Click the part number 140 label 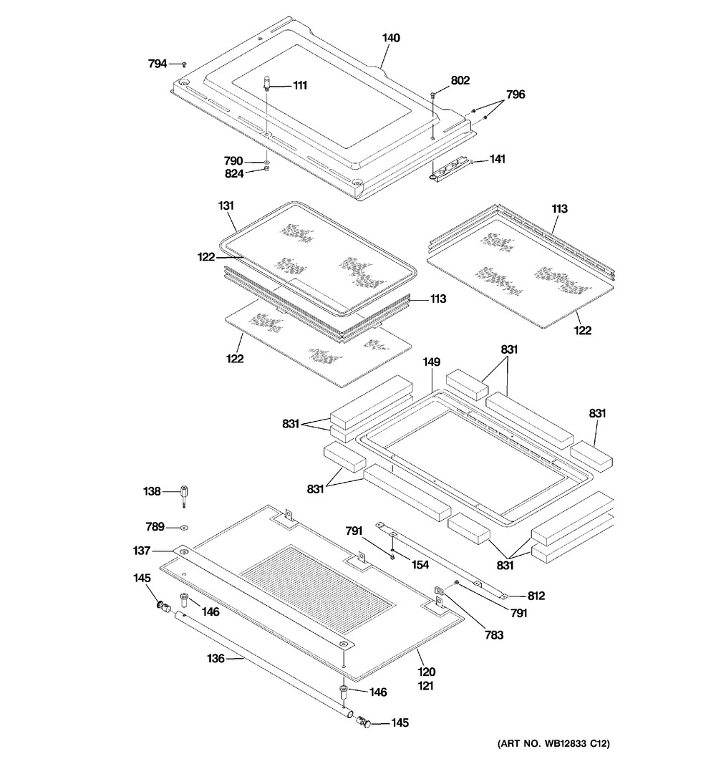tap(391, 39)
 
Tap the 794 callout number tap(157, 64)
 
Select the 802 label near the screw tap(460, 81)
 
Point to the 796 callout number tap(516, 95)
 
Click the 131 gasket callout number tap(226, 206)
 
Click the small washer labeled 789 tap(184, 528)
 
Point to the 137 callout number tap(142, 551)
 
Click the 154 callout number tap(420, 565)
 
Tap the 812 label tap(536, 595)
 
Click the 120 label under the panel tap(427, 672)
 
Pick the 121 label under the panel tap(427, 685)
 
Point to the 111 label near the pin tap(299, 85)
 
